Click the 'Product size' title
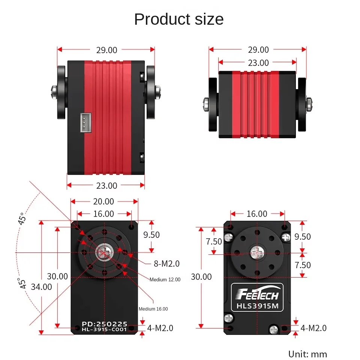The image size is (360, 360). tap(179, 19)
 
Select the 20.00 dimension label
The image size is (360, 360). tap(103, 202)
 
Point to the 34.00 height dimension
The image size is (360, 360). tap(42, 287)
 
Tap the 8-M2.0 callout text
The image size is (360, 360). tap(167, 264)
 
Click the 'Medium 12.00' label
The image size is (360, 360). tap(165, 279)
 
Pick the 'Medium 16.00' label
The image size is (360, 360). tap(153, 309)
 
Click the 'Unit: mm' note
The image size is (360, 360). tap(307, 354)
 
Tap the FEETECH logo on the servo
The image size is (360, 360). tap(257, 294)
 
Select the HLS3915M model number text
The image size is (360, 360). tap(257, 306)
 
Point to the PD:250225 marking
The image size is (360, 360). tap(105, 324)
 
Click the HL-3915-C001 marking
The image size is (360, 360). tap(105, 329)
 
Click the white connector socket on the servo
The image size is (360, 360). tap(84, 122)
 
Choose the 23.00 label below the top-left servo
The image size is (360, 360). tap(106, 185)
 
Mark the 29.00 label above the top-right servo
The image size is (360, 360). tap(258, 49)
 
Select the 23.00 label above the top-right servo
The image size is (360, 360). tap(258, 63)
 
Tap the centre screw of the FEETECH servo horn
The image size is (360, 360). tap(257, 253)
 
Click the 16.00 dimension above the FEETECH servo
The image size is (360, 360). tap(257, 214)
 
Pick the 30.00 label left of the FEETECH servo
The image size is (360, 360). tap(201, 277)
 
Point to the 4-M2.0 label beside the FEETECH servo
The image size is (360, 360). tap(313, 328)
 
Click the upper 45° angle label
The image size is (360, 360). tap(22, 218)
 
